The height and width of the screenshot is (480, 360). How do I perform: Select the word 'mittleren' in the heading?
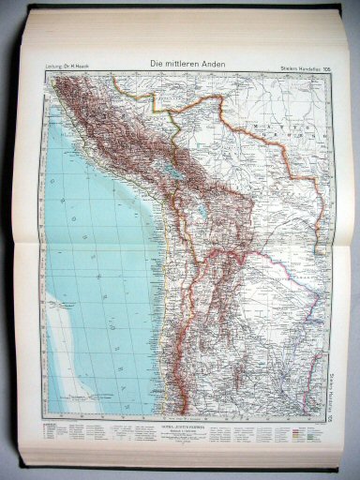point(179,64)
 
